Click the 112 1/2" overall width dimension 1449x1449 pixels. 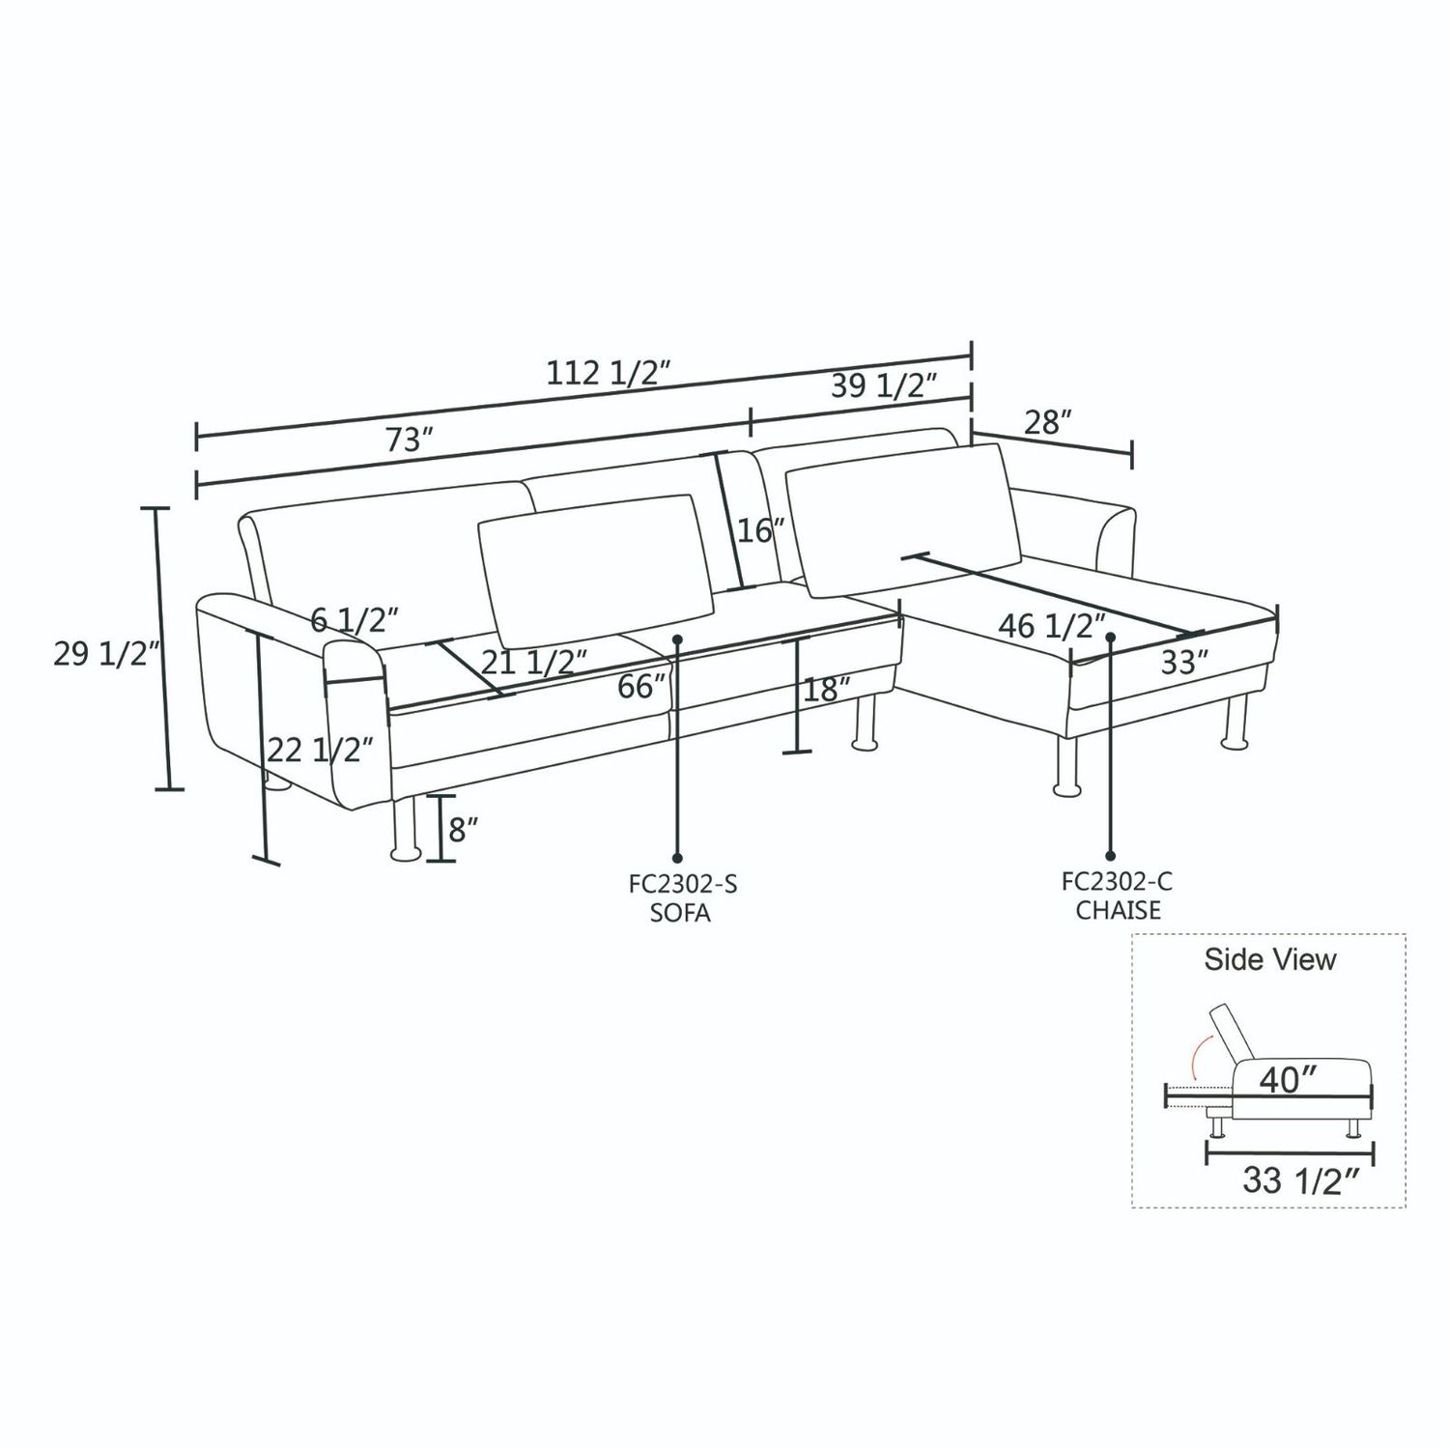tap(608, 373)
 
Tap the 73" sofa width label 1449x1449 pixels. tap(409, 440)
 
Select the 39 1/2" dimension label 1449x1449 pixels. tap(884, 386)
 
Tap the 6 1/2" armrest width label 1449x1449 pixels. tap(355, 619)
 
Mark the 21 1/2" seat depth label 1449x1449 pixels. tap(534, 663)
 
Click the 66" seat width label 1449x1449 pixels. tap(642, 687)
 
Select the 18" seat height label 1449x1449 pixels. tap(827, 690)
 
